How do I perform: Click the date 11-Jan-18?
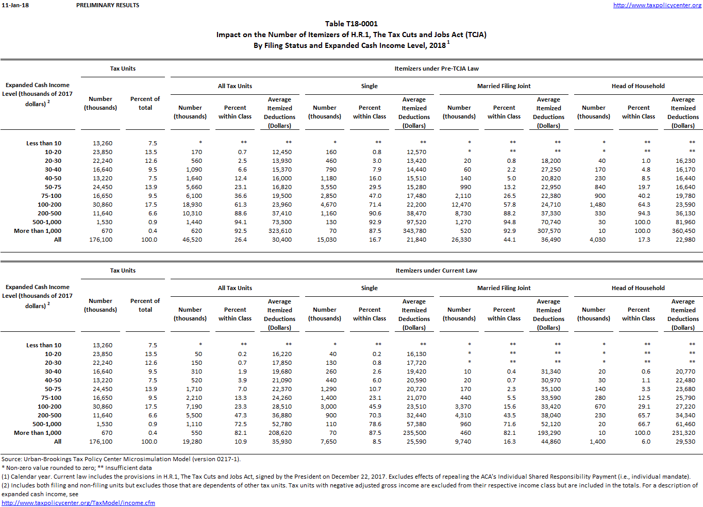[x=15, y=5]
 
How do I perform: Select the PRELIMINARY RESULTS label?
[x=108, y=5]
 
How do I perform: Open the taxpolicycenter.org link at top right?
[x=657, y=5]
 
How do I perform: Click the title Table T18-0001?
[x=351, y=24]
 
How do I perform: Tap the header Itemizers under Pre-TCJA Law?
[x=436, y=69]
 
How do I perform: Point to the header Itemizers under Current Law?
[x=436, y=271]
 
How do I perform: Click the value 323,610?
[x=280, y=231]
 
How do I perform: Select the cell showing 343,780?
[x=414, y=231]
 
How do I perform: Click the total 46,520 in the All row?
[x=192, y=240]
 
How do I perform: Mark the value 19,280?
[x=192, y=442]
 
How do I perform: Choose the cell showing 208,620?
[x=280, y=433]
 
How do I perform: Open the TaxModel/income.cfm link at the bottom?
[x=78, y=503]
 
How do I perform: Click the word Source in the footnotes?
[x=11, y=459]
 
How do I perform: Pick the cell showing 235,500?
[x=414, y=433]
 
